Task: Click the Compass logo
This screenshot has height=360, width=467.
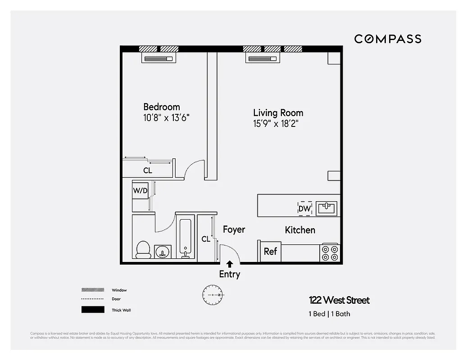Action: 387,39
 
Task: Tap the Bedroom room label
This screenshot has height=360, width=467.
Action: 161,107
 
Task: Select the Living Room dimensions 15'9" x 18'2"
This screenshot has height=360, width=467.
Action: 275,123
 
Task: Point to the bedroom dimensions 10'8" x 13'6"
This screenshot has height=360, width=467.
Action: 166,118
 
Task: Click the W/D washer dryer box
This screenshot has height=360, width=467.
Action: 140,191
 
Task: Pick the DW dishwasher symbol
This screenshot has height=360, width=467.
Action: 304,208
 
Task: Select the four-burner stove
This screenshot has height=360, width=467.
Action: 330,253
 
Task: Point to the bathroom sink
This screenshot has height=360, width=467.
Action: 162,252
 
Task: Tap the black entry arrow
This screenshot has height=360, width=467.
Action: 230,264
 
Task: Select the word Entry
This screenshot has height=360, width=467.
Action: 230,274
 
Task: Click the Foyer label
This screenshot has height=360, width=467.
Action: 234,229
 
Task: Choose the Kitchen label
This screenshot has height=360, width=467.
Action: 300,230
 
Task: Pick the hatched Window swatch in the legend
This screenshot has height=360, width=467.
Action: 93,290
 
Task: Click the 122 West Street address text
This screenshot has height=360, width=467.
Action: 339,300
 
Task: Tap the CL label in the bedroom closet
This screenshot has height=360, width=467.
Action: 147,171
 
